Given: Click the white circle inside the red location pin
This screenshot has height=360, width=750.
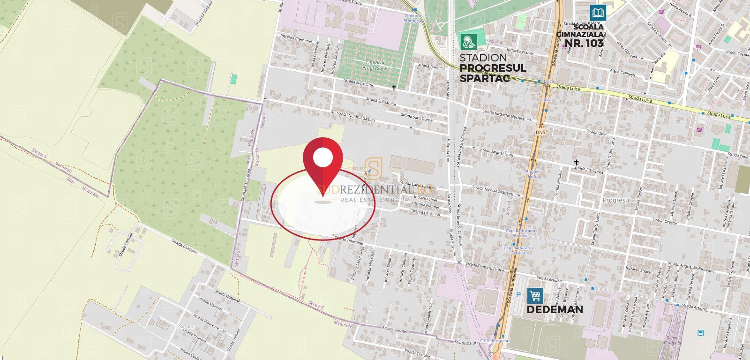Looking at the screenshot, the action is coord(322,157).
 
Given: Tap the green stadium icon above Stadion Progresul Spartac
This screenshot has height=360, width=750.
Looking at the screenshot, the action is coord(468,41).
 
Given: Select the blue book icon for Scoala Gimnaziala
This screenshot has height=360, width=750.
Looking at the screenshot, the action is coord(598,13).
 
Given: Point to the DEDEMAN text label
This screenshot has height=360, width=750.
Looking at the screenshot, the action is coord(555,309).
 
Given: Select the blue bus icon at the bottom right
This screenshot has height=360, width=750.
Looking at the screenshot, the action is coord(701,333).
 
